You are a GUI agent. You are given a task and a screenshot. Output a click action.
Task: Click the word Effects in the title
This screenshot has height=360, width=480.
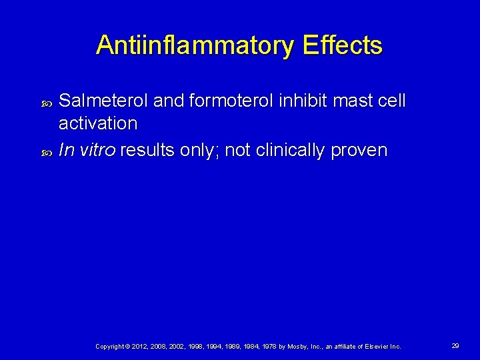click(342, 46)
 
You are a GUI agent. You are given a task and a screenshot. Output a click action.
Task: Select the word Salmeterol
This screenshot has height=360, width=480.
click(104, 101)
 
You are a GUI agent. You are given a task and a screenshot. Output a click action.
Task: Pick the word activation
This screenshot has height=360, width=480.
click(98, 123)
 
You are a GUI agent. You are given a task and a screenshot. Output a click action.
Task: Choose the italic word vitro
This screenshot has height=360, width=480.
click(98, 150)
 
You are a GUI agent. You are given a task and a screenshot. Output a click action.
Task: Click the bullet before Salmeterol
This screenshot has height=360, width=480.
click(46, 102)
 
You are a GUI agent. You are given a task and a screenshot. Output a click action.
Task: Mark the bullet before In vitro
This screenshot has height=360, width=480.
click(46, 151)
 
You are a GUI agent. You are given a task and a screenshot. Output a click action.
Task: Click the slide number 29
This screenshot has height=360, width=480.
click(455, 345)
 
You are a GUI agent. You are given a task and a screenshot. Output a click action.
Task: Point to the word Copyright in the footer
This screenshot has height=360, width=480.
click(110, 346)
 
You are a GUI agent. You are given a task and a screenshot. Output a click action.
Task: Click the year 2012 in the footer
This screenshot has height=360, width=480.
click(141, 346)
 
